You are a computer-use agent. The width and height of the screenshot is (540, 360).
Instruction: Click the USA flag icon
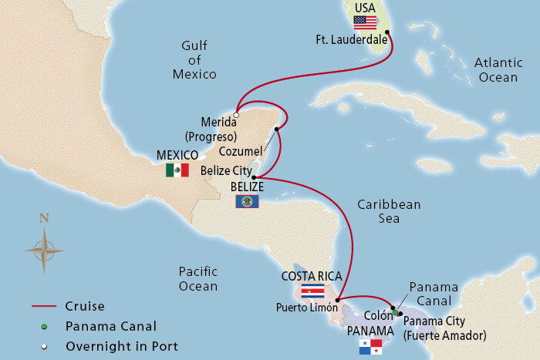[x=365, y=22]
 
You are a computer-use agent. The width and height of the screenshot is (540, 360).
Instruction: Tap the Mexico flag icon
[x=177, y=170]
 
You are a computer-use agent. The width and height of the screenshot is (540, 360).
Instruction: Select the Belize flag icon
[x=247, y=201]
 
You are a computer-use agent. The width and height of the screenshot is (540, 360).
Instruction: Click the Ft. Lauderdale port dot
[x=387, y=33]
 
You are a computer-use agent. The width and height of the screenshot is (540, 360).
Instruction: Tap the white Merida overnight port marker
[x=237, y=116]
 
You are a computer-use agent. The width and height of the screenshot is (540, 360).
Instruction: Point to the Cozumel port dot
[x=276, y=129]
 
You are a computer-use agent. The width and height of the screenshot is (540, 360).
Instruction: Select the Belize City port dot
[x=254, y=177]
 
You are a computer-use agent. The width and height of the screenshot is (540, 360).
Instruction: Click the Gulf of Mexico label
[x=194, y=61]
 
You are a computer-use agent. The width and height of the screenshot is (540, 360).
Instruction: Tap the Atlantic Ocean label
[x=498, y=69]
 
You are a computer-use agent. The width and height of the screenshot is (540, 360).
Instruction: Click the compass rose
[x=44, y=248]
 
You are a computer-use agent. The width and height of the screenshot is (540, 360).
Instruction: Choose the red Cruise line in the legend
[x=46, y=306]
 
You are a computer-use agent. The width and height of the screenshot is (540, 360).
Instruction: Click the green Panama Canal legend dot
[x=46, y=326]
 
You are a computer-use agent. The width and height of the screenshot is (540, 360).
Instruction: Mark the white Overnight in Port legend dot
[x=46, y=346]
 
